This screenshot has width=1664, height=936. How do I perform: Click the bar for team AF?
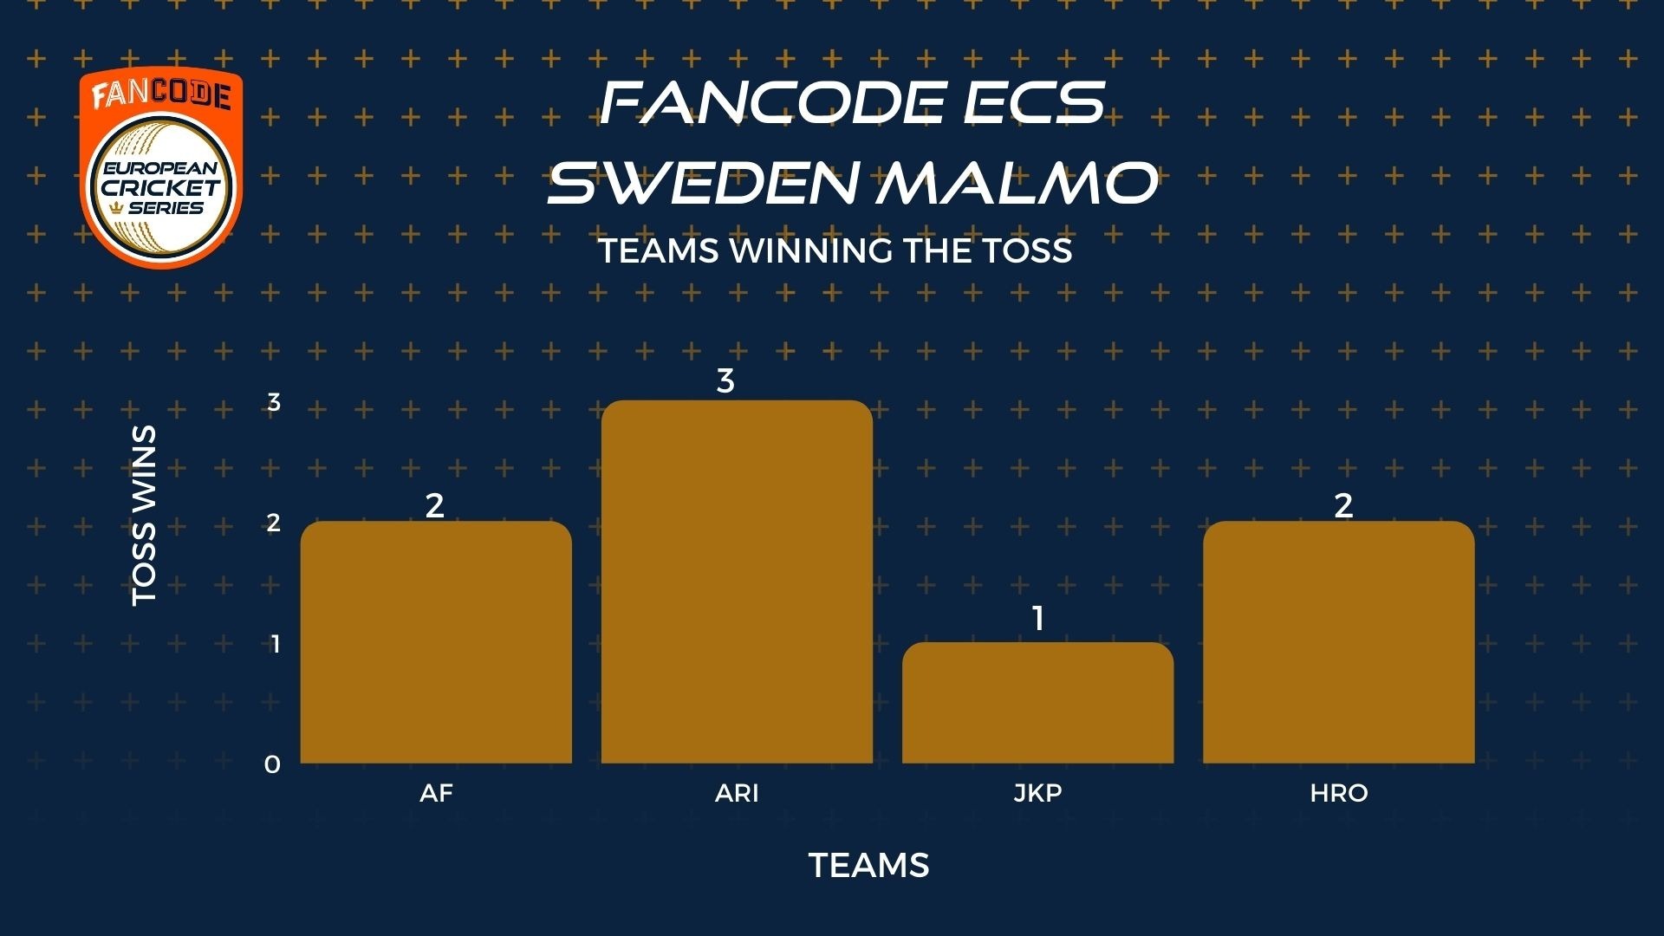(x=436, y=642)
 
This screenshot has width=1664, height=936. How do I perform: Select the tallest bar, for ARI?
(x=737, y=582)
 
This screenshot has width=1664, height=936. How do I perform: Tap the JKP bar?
(x=1037, y=703)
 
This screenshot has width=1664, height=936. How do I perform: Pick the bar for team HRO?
(x=1338, y=642)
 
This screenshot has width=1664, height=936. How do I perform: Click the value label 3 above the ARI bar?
(x=725, y=380)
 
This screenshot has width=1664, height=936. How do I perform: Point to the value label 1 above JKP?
(x=1037, y=619)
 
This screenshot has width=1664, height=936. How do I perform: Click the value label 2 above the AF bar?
(x=434, y=505)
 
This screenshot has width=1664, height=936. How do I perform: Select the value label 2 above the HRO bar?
(x=1343, y=505)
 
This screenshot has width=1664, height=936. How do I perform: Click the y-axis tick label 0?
(x=273, y=764)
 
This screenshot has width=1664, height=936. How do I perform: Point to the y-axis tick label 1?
(x=276, y=644)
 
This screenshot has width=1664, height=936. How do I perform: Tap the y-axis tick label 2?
(x=274, y=523)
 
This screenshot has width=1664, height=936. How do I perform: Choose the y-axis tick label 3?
(x=274, y=402)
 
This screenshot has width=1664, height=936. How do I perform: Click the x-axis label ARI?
(x=737, y=793)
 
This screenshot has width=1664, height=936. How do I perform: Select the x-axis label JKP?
(x=1037, y=793)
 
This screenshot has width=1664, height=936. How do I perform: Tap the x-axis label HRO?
(x=1339, y=793)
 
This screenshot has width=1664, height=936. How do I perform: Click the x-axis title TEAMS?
(x=869, y=865)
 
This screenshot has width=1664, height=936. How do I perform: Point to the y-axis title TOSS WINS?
(x=144, y=516)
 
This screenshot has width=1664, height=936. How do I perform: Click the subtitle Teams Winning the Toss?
(x=835, y=250)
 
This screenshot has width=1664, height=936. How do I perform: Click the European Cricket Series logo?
(x=161, y=169)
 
